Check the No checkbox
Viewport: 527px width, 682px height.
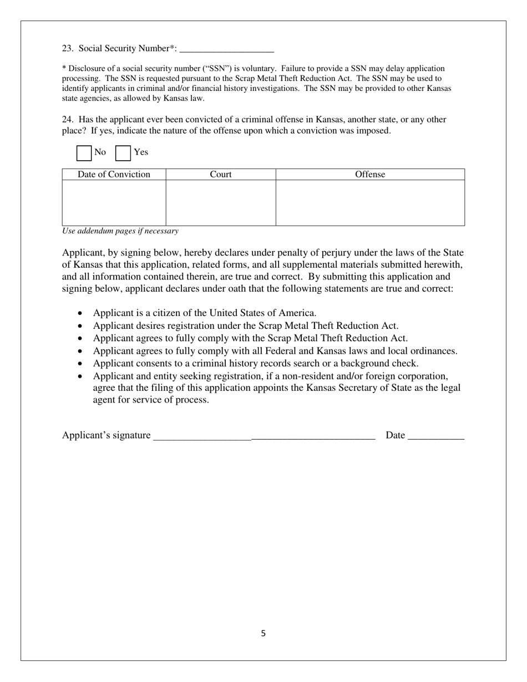pos(84,152)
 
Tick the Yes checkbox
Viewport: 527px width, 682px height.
pos(123,152)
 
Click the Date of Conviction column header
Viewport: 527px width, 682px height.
pos(114,175)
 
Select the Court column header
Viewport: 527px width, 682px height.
pos(221,175)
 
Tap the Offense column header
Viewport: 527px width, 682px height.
pos(370,175)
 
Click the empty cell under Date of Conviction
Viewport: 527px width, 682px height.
pos(114,203)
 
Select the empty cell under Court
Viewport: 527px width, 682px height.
pos(221,203)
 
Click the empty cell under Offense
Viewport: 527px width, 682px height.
pos(370,203)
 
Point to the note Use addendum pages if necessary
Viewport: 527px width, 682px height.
pos(120,231)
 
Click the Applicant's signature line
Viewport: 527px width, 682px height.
pos(264,436)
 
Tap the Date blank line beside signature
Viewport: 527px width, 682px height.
pos(435,436)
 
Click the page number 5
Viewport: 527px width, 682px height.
pos(263,633)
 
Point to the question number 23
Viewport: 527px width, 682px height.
pos(67,49)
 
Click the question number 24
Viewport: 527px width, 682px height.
pos(67,120)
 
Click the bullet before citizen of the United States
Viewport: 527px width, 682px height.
pos(80,313)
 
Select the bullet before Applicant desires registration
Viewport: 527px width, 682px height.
pos(80,326)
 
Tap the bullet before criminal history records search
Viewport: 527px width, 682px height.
pos(80,364)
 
